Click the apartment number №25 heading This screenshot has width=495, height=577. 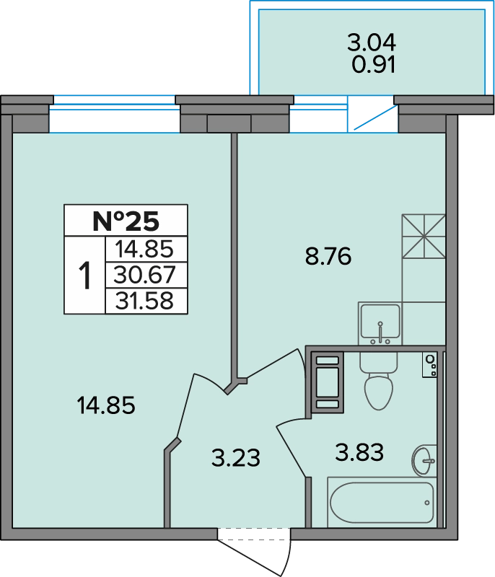click(126, 221)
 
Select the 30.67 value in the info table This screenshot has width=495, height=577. click(144, 275)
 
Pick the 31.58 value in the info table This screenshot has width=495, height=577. click(144, 301)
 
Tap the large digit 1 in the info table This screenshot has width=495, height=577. click(85, 275)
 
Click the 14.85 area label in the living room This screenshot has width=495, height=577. click(106, 405)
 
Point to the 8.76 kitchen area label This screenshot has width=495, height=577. click(328, 257)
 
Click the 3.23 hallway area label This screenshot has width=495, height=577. click(236, 458)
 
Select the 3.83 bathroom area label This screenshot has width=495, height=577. click(359, 452)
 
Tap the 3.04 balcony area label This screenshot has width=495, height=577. click(372, 42)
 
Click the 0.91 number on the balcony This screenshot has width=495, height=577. click(374, 64)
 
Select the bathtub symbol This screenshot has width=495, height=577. click(382, 502)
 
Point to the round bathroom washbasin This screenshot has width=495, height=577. click(424, 460)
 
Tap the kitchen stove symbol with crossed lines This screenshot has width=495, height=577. click(424, 237)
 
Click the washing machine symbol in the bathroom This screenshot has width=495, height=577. click(328, 382)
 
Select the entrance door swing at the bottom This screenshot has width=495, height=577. click(255, 552)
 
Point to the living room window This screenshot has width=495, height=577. click(115, 114)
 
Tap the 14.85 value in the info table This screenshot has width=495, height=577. click(144, 249)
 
